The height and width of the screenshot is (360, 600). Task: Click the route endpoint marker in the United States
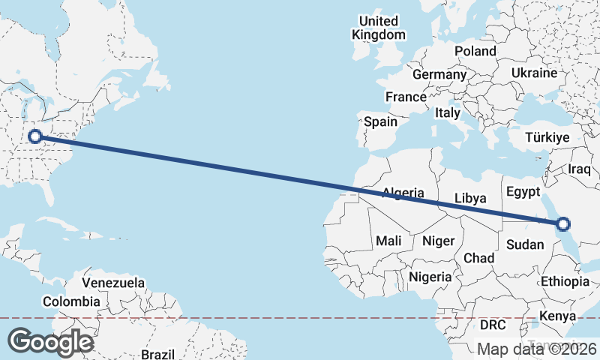point(34,136)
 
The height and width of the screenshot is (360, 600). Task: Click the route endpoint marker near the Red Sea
point(562,223)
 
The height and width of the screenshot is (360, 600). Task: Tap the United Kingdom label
point(379,28)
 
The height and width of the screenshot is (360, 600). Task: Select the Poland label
point(475,51)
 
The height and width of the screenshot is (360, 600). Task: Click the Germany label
point(439,75)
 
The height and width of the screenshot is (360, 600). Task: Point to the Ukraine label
point(534,73)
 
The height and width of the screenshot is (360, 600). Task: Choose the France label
point(406,97)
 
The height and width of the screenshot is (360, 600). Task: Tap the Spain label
point(380,121)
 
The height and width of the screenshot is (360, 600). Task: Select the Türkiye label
point(547,138)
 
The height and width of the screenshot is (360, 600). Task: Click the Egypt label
point(523,191)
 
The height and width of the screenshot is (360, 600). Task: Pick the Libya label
point(471,198)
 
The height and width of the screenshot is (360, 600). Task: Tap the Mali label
point(388,241)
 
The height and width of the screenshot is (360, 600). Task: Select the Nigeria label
point(430,277)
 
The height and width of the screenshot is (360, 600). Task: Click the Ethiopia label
point(565,281)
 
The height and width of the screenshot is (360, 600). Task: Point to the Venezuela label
point(113,283)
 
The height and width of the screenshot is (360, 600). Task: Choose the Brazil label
point(157,353)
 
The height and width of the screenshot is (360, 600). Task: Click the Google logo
point(49,342)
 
